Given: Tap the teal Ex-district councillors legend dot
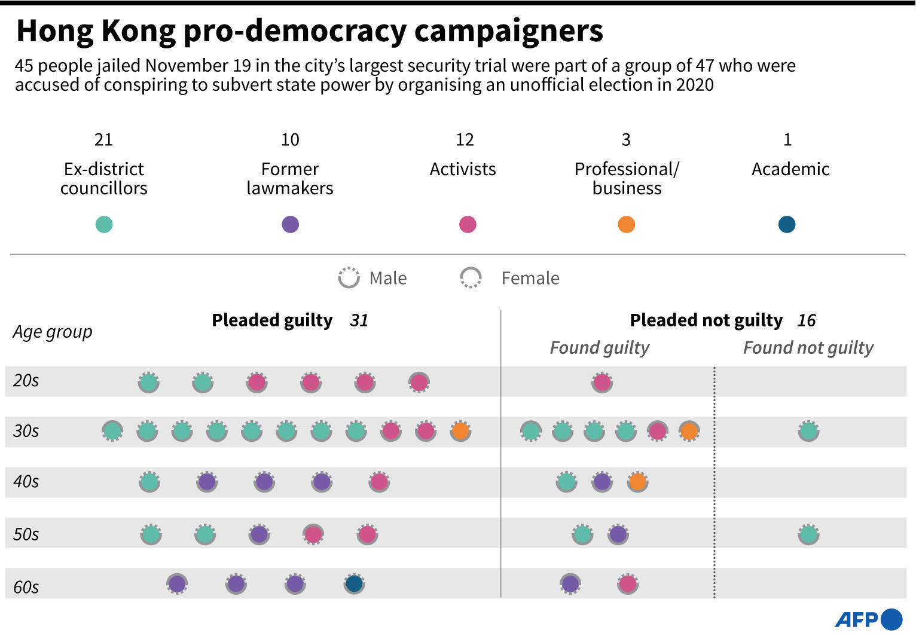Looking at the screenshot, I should coord(104,225).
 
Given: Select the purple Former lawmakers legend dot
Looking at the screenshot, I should coord(290,225).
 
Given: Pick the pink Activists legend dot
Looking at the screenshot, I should coord(468,225).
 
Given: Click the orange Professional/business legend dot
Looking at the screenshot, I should coord(626,225).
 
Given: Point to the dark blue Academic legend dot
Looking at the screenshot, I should coord(787,225).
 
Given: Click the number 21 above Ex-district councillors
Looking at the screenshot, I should coord(103,140).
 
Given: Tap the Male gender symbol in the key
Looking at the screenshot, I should coord(349,278).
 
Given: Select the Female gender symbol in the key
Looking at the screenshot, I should coord(471,278).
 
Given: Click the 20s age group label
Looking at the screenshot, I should coord(26,381).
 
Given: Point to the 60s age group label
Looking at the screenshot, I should coord(26,587).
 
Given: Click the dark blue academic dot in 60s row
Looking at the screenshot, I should coord(354,584).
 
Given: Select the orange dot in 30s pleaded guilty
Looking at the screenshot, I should coord(460,431).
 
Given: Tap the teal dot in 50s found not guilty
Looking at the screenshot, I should coord(808,534).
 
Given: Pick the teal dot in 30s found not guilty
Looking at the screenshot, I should coord(808,431).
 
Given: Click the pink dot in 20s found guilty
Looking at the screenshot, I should coord(602,382).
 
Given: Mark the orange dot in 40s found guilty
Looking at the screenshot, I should coord(637,482).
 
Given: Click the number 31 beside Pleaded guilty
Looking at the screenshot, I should coord(359,321).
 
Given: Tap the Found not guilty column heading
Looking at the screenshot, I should coord(808,348).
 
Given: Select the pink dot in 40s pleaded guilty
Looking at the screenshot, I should coord(379,482).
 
